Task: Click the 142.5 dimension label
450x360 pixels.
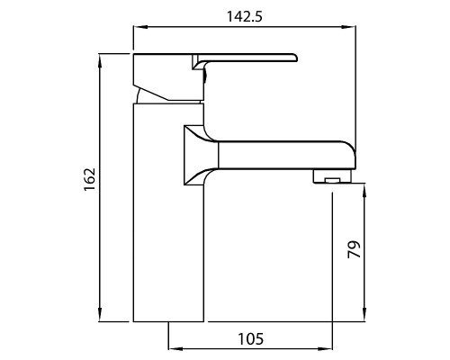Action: [x=245, y=16]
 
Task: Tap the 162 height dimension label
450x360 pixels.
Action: [x=89, y=179]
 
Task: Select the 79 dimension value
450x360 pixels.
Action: [x=355, y=249]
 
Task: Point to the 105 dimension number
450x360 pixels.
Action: [x=251, y=339]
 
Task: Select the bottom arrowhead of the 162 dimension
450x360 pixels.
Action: [x=101, y=314]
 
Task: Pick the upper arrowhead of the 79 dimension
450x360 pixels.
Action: [x=364, y=190]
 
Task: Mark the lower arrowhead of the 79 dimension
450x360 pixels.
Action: [x=364, y=314]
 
